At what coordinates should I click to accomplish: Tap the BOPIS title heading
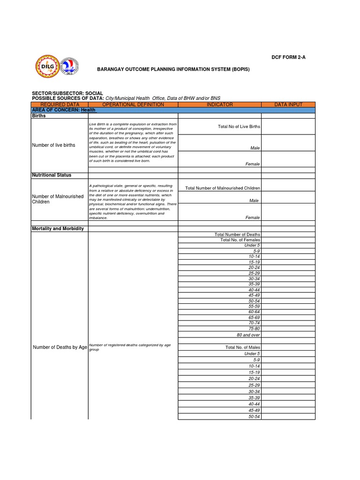coord(173,69)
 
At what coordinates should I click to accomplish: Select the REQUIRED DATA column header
coord(60,105)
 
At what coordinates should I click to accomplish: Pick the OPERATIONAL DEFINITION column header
coord(133,105)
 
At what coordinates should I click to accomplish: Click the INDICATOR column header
coord(219,105)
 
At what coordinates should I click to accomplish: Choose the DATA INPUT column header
coord(288,105)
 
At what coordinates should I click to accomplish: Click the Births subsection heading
coord(38,115)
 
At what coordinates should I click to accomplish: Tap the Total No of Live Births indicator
coord(239,127)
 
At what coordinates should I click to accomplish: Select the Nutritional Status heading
coord(52,175)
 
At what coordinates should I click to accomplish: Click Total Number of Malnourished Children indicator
coord(223,188)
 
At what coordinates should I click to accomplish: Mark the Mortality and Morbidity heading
coord(58,229)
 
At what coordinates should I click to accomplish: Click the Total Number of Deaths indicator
coord(237,234)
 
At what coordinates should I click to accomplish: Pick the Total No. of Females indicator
coord(240,240)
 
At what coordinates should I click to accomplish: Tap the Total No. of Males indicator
coord(242,347)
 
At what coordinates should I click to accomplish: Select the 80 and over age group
coord(248,335)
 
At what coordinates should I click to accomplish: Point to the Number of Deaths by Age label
coord(60,347)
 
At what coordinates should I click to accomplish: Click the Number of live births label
coord(53,145)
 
